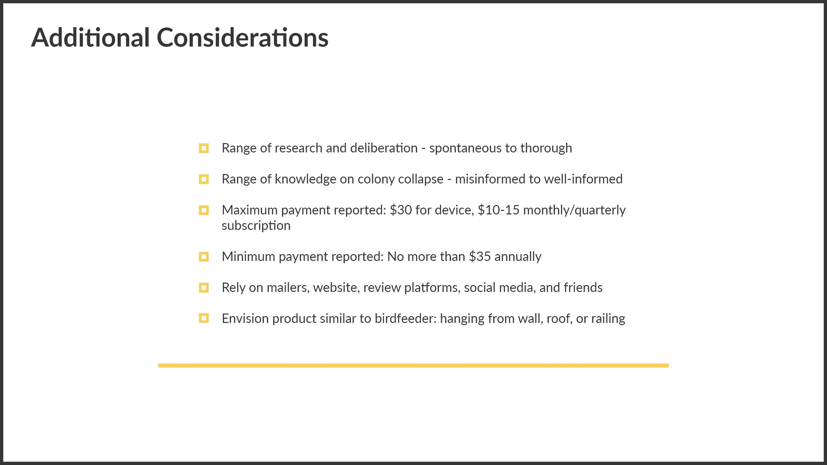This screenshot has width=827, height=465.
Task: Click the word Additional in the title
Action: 90,38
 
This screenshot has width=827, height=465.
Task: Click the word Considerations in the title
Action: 242,38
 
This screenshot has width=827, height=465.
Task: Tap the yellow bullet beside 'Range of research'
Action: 204,148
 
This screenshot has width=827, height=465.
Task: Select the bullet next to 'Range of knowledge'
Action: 204,179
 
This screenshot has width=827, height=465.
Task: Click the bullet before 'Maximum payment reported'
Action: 204,210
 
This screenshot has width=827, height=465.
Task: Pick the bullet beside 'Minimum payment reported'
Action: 204,257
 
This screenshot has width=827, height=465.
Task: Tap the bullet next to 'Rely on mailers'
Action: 204,288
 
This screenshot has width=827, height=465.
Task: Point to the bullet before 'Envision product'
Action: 204,318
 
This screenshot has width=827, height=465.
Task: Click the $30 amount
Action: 401,210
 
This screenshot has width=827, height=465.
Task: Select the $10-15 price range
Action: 499,210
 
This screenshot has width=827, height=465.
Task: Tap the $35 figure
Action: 480,257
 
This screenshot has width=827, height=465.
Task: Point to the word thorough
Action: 546,148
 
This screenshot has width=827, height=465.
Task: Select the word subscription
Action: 256,226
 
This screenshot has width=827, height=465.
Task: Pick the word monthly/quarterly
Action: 574,210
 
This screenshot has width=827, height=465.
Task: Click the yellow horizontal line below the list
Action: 413,365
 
